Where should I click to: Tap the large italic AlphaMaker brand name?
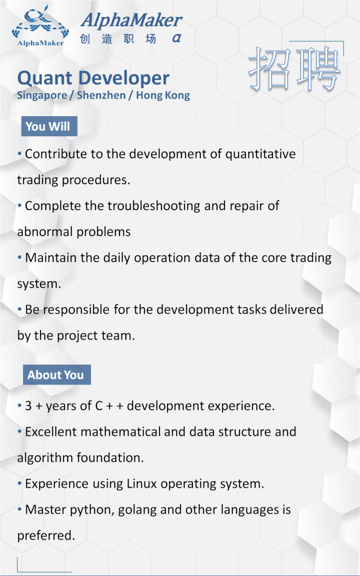click(131, 20)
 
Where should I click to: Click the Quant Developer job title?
click(93, 78)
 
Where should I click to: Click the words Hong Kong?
click(163, 95)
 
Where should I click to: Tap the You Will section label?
click(48, 127)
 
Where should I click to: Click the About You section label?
click(55, 375)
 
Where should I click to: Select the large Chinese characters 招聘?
click(294, 69)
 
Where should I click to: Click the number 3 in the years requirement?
click(28, 406)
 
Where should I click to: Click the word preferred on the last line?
click(45, 535)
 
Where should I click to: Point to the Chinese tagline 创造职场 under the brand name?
click(118, 39)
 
